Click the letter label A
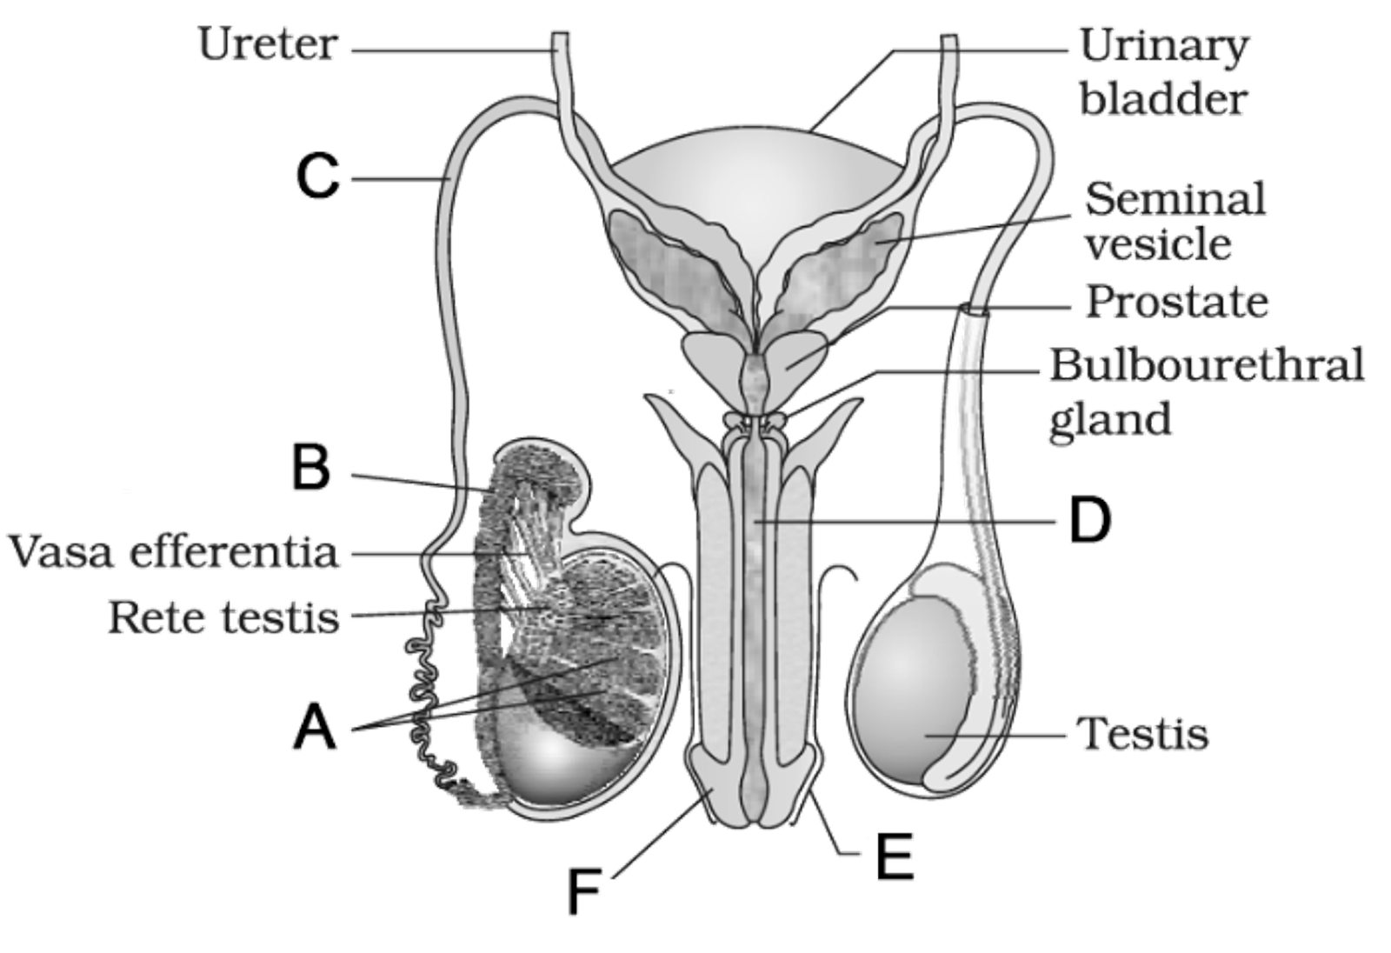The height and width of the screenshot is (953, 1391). click(315, 727)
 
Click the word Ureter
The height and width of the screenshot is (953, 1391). click(268, 45)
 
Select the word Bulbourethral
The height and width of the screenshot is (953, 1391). click(1207, 365)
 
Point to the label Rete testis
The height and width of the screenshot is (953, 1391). click(223, 617)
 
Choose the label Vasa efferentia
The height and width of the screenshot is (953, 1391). click(172, 552)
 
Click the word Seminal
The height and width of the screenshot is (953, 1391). click(1175, 199)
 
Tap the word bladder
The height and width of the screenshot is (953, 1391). click(1163, 99)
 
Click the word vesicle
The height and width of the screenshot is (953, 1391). click(1159, 244)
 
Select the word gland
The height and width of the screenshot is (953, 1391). click(1109, 420)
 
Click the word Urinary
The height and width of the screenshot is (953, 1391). click(1165, 45)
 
